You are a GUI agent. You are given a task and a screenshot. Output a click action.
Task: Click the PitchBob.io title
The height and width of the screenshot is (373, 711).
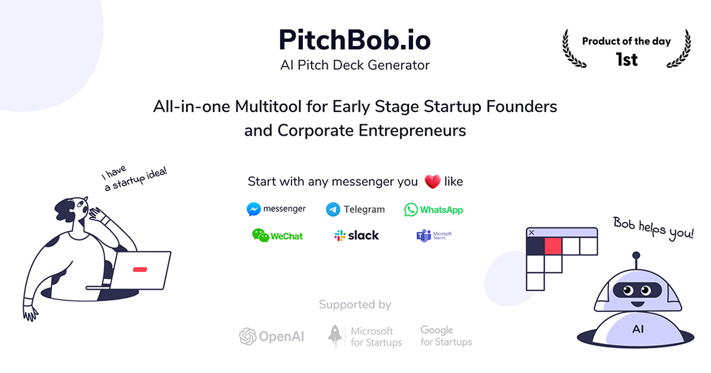click(x=355, y=39)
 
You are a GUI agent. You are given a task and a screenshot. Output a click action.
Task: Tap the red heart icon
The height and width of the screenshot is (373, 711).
click(x=433, y=182)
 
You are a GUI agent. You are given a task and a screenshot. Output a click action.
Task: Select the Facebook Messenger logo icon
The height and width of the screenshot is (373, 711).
click(x=254, y=210)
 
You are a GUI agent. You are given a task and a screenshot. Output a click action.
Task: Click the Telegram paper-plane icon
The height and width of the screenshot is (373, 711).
click(x=333, y=210)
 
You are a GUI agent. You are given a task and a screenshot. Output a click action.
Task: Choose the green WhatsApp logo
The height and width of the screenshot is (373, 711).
click(x=411, y=210)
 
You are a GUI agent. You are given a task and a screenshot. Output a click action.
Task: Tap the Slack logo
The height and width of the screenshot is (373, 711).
click(x=340, y=236)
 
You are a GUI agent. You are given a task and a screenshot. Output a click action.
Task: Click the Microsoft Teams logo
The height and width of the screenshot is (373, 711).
click(x=424, y=236)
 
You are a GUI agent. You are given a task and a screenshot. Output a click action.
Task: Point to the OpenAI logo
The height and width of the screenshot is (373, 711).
click(x=248, y=337)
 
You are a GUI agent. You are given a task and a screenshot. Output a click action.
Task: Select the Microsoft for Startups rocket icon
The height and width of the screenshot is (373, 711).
click(x=335, y=336)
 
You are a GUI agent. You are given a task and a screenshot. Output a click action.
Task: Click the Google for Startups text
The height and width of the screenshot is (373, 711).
click(x=446, y=336)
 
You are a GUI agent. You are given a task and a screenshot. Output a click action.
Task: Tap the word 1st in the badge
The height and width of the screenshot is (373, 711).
click(x=626, y=60)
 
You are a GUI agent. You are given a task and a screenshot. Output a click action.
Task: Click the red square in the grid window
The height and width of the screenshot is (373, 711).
click(x=553, y=246)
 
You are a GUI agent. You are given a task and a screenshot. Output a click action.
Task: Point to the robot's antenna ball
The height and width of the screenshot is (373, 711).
click(x=637, y=256)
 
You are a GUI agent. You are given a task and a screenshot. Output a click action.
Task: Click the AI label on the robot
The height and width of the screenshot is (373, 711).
click(x=638, y=329)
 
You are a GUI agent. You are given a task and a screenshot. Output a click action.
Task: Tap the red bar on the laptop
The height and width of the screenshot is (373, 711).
click(x=140, y=269)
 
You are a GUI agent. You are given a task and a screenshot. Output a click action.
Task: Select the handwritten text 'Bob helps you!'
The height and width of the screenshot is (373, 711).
click(x=653, y=229)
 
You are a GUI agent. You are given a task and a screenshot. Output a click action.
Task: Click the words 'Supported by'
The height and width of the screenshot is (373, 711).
click(x=355, y=305)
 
